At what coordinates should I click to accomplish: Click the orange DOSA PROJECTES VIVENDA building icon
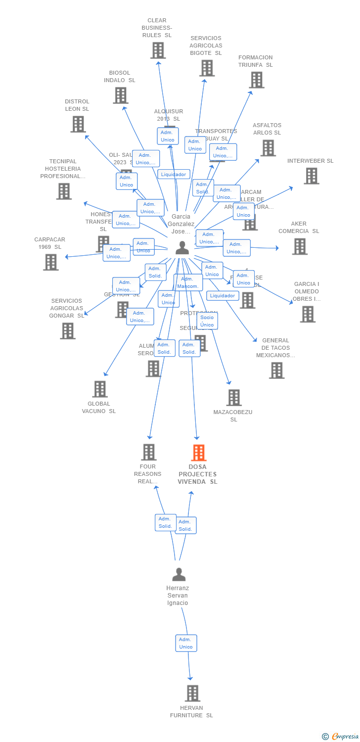point(198,453)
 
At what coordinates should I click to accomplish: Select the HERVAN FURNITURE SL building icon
point(192,694)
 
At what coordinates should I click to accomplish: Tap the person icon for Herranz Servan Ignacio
point(179,574)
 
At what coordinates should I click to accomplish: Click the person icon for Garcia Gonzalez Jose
point(182,248)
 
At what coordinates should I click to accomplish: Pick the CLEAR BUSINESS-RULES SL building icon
point(158,50)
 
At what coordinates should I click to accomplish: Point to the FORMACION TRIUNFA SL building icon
point(256,80)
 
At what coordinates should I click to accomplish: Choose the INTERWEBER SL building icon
point(311,176)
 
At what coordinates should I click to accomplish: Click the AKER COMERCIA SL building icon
point(299,246)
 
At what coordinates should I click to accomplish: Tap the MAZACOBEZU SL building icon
point(234,398)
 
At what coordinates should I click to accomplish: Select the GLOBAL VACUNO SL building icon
point(100,389)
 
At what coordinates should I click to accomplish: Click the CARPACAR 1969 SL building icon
point(50,262)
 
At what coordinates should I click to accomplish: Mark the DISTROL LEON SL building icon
point(78,124)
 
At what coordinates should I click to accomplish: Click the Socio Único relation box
point(207,321)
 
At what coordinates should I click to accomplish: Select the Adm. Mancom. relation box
point(188,283)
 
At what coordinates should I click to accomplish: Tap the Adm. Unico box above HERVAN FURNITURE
point(186,643)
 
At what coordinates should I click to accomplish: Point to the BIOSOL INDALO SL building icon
point(120,95)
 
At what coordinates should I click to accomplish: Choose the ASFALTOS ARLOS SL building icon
point(268,148)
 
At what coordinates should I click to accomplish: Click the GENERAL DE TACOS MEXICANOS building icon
point(276,370)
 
